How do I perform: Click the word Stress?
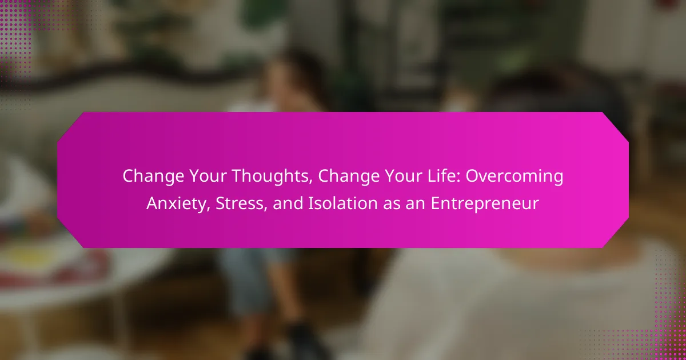[239, 203]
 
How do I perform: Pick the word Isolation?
[342, 203]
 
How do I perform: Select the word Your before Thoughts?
[208, 176]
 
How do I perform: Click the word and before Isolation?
[288, 203]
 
